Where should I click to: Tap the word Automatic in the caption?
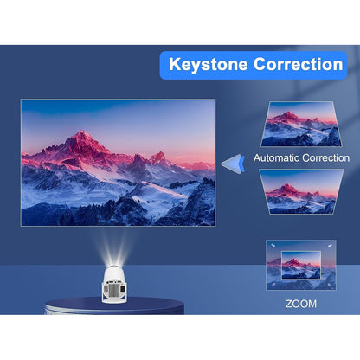[x=280, y=158]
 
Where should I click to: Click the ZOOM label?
[x=300, y=304]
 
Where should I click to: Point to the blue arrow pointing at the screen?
[x=230, y=163]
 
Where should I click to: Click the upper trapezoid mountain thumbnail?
[x=300, y=124]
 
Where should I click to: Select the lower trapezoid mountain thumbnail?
[x=300, y=191]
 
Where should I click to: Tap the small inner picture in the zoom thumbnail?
[x=300, y=264]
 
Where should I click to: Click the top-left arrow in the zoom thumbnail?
[x=273, y=246]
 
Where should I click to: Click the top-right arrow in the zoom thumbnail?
[x=328, y=246]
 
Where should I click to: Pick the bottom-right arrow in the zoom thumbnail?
[x=328, y=283]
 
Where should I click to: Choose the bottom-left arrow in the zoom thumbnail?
[x=273, y=283]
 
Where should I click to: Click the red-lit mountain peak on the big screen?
[x=83, y=138]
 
